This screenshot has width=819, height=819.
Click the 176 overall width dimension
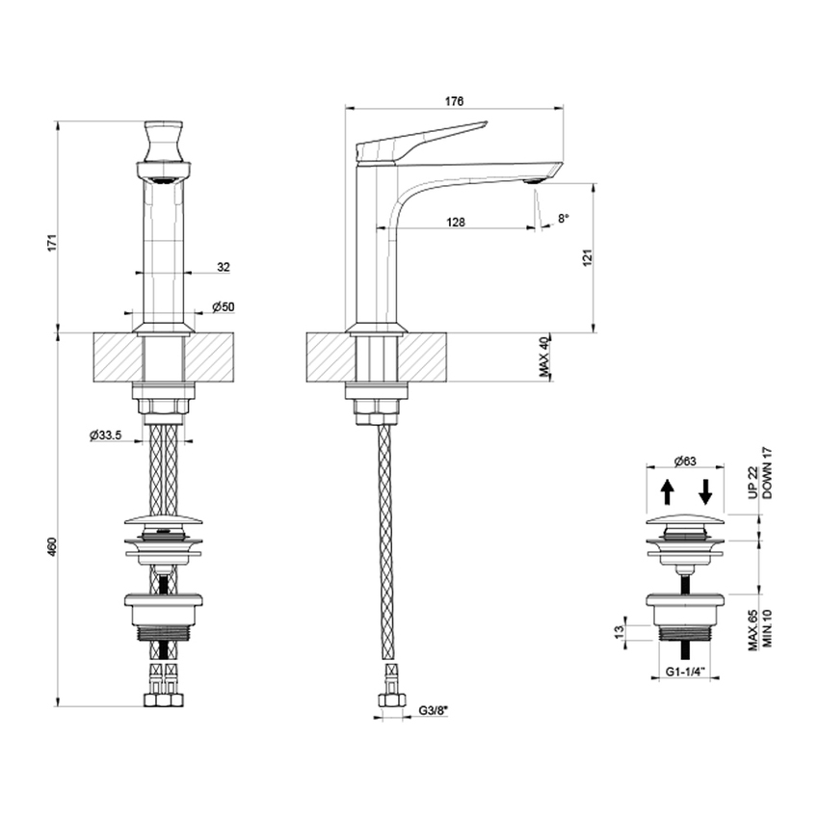point(455,101)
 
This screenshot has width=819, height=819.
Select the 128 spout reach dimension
point(456,222)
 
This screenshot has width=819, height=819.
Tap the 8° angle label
point(564,220)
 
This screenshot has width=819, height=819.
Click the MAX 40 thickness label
point(544,357)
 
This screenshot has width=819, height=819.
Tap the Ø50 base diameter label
point(224,306)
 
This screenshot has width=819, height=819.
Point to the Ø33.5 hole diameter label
point(105,436)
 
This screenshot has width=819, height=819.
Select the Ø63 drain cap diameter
point(684,461)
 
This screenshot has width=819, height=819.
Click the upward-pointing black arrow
point(666,492)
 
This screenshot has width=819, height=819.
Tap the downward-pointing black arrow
point(704,492)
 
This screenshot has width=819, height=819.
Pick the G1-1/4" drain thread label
point(684,673)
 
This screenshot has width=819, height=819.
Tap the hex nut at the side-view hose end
point(390,699)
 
